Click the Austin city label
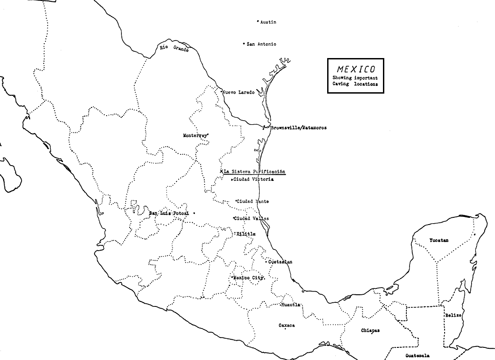tap(268, 22)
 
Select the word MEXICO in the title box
tap(355, 69)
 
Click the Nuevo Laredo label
tap(239, 92)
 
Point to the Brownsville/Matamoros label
tap(298, 128)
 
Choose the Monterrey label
tap(195, 135)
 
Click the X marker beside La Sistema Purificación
tap(221, 171)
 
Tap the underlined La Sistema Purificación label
tap(255, 172)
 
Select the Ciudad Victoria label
tap(253, 180)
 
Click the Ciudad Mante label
tap(253, 202)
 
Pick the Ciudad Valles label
tap(252, 219)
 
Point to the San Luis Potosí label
tap(168, 213)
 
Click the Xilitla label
tap(246, 234)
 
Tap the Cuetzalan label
tap(280, 262)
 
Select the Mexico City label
tap(248, 278)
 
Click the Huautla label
tap(291, 305)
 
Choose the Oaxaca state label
tap(287, 325)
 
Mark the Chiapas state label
tap(370, 330)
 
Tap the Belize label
tap(453, 315)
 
